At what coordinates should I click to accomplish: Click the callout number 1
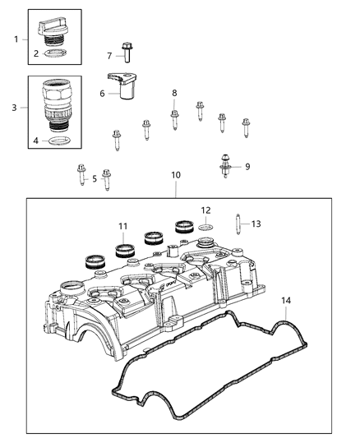[15, 39]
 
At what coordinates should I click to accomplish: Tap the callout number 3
[15, 107]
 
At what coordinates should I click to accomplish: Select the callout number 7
[108, 55]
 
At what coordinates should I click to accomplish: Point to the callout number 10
[176, 175]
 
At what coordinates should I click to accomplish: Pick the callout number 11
[122, 226]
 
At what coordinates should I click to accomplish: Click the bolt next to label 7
[127, 53]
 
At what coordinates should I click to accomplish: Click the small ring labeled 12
[207, 224]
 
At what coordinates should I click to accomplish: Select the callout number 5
[94, 178]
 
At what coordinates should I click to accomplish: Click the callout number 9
[247, 167]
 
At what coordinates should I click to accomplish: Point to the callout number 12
[207, 210]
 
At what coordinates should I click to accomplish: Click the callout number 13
[256, 223]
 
